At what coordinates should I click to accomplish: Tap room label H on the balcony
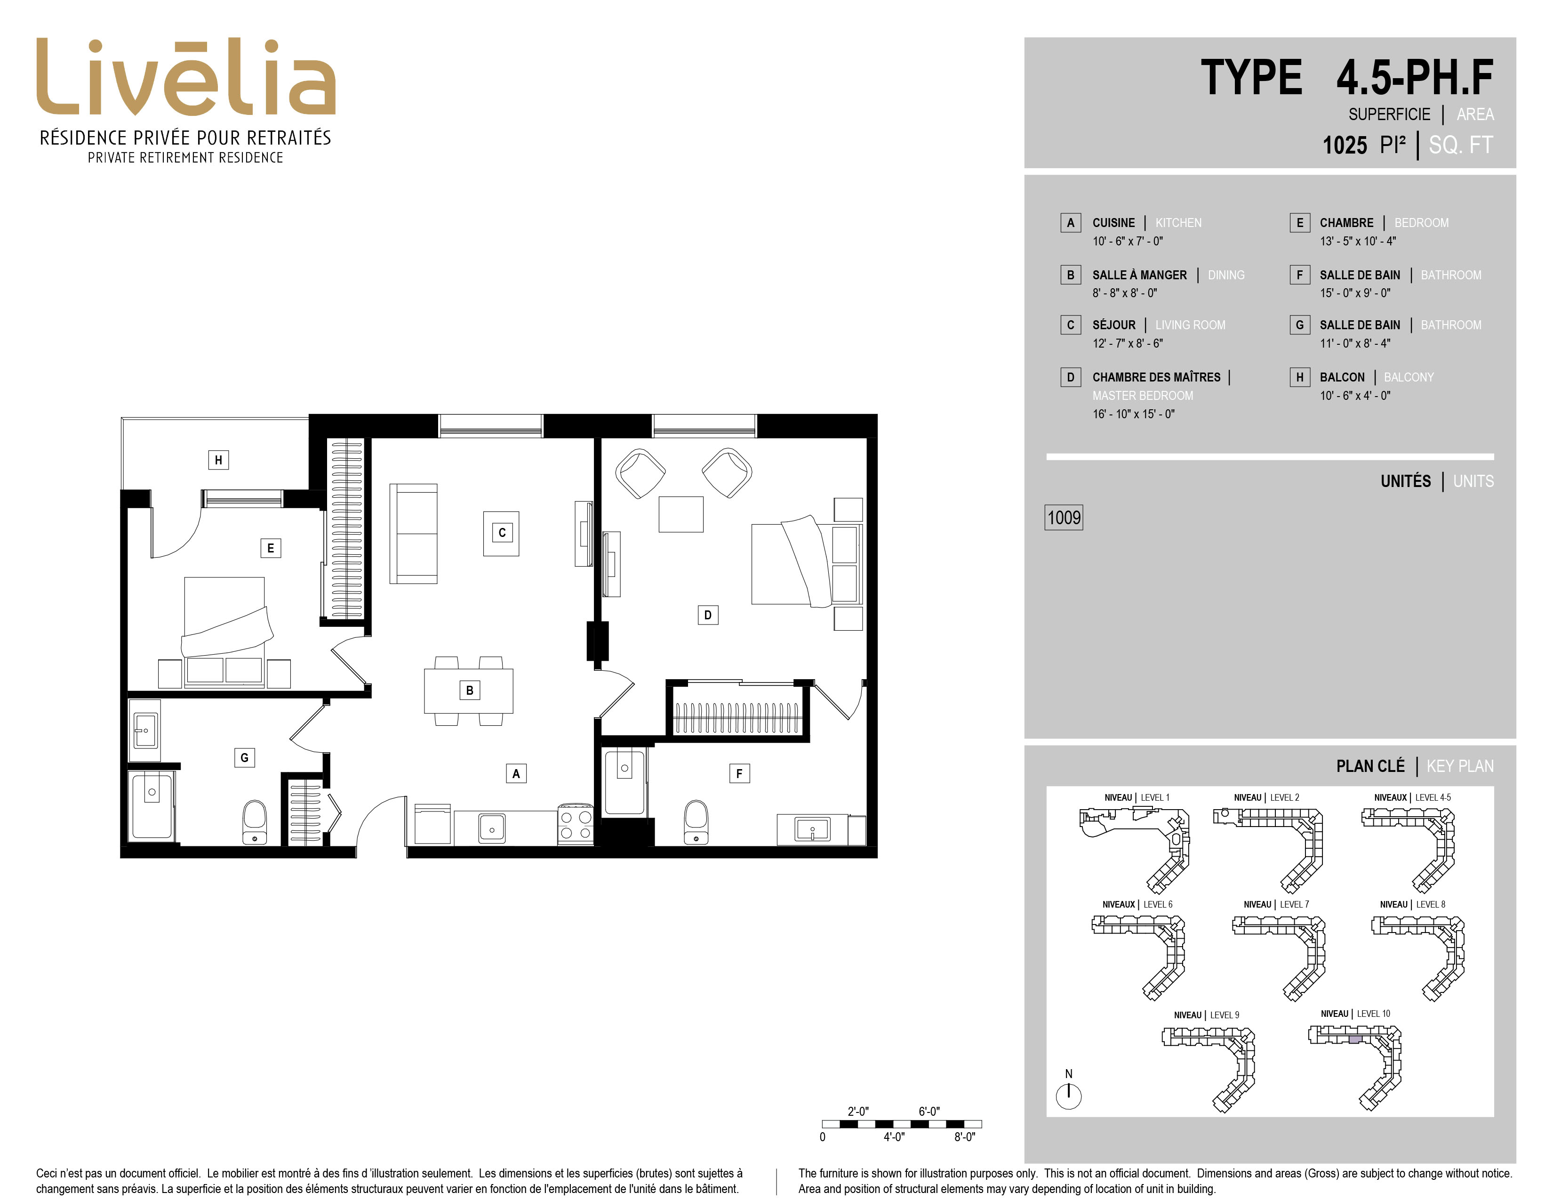[218, 460]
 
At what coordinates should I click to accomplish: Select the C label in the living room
[502, 532]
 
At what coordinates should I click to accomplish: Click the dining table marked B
[469, 690]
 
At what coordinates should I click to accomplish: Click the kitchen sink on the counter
[491, 828]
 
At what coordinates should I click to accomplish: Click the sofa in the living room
[413, 534]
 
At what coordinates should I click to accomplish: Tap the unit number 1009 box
[1064, 517]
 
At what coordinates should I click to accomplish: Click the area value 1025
[1344, 145]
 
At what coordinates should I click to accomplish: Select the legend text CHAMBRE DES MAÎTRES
[1156, 377]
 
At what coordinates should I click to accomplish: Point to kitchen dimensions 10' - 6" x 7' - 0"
[1128, 241]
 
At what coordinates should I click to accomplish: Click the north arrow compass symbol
[1068, 1095]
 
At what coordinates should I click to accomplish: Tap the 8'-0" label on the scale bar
[964, 1137]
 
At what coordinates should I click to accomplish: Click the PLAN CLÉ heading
[1370, 766]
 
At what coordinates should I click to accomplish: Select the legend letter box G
[1300, 325]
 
